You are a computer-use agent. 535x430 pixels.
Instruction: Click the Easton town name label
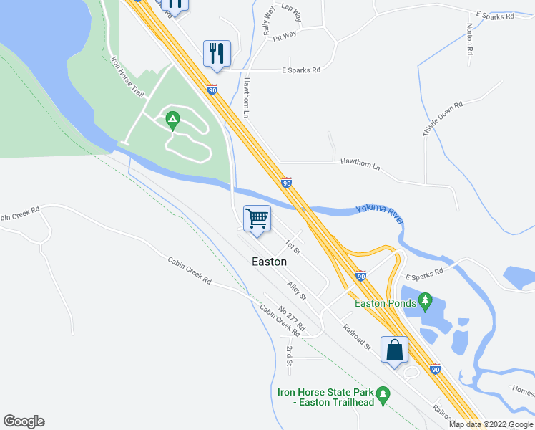click(270, 262)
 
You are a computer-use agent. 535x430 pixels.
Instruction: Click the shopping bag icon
click(394, 350)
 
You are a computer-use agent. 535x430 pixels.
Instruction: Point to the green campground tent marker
click(172, 119)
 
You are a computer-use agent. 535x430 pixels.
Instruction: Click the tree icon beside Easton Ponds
click(426, 298)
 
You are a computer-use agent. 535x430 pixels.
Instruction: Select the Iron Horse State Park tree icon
click(383, 393)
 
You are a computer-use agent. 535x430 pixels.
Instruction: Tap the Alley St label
click(297, 291)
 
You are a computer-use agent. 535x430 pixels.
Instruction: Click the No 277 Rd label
click(292, 318)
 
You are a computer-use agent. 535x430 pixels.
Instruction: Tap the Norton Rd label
click(470, 39)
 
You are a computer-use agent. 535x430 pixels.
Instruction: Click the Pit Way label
click(285, 35)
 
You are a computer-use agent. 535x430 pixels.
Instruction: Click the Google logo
click(24, 421)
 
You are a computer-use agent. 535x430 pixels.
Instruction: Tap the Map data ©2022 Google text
click(491, 424)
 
